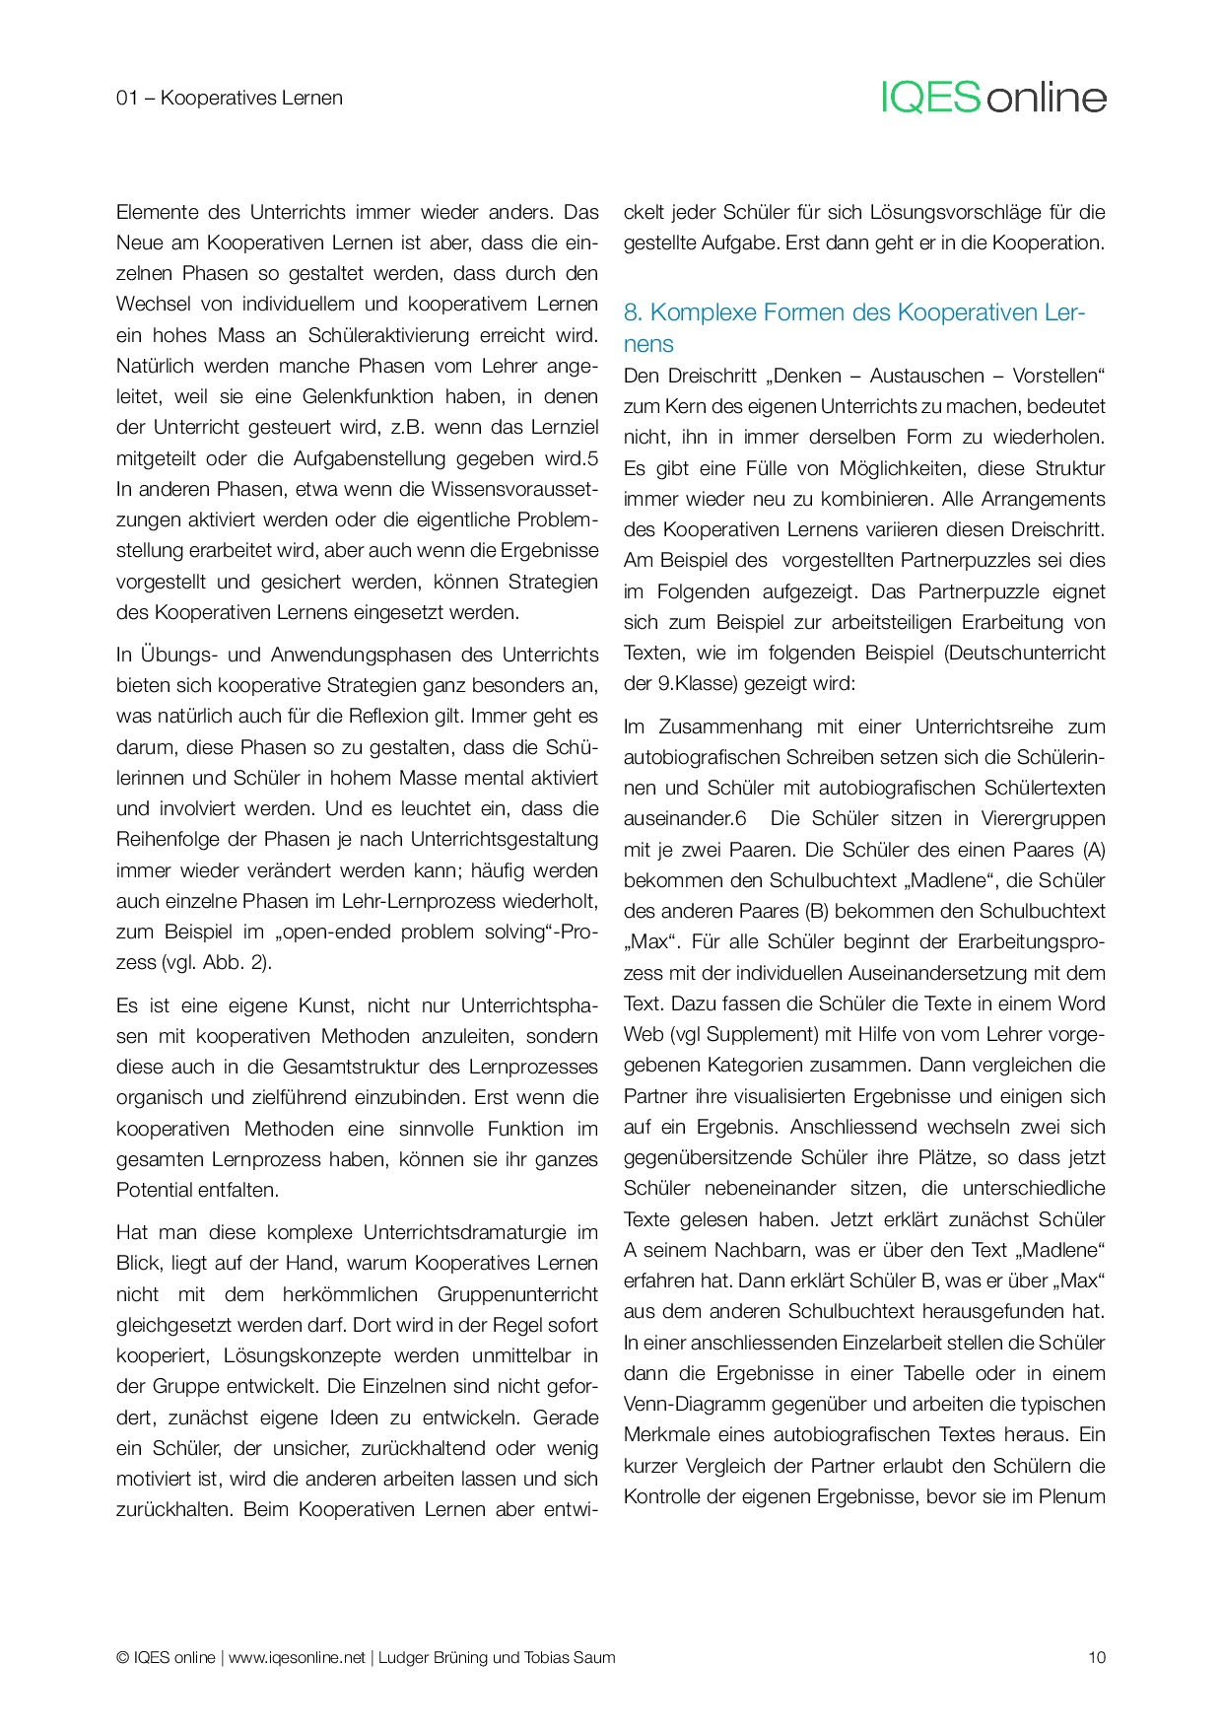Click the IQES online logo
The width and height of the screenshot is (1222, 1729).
[x=993, y=98]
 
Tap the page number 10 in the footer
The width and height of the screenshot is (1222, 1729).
[x=1096, y=1657]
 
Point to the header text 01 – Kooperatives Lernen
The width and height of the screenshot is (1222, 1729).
[x=230, y=98]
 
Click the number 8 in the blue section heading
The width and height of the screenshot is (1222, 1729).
[x=633, y=312]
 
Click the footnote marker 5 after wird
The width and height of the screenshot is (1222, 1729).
[x=592, y=458]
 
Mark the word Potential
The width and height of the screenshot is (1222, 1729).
[x=155, y=1190]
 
